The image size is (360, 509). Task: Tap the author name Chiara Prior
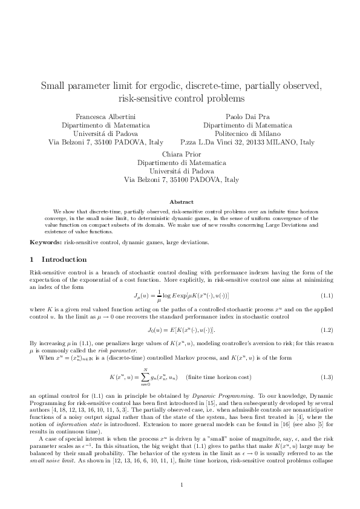[181, 154]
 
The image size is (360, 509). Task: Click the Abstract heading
[181, 201]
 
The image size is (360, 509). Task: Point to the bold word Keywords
[45, 242]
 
